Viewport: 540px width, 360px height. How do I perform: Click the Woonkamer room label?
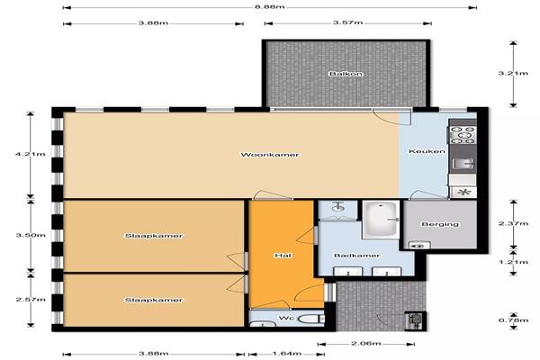[x=270, y=155]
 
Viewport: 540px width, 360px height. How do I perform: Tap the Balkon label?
[x=346, y=74]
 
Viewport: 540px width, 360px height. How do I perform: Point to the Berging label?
[x=440, y=224]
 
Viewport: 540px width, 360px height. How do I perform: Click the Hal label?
[x=283, y=256]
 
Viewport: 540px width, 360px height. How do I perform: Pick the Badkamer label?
[x=357, y=256]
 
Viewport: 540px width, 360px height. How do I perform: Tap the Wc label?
[x=286, y=318]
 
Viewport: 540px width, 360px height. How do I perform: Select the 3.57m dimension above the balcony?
[x=347, y=22]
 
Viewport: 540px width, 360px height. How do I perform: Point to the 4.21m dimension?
[x=31, y=154]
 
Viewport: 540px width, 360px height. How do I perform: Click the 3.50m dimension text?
[x=31, y=236]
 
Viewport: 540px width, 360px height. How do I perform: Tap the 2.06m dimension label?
[x=365, y=344]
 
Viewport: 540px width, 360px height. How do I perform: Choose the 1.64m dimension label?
[x=286, y=354]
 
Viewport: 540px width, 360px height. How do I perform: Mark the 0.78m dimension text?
[x=513, y=320]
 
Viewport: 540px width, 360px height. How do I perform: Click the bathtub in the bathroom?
[x=381, y=219]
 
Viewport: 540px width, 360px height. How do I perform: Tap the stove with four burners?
[x=463, y=135]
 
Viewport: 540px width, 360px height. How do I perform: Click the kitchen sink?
[x=463, y=164]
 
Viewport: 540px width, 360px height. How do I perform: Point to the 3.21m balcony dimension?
[x=513, y=73]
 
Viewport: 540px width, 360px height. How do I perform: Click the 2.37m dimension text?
[x=513, y=223]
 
